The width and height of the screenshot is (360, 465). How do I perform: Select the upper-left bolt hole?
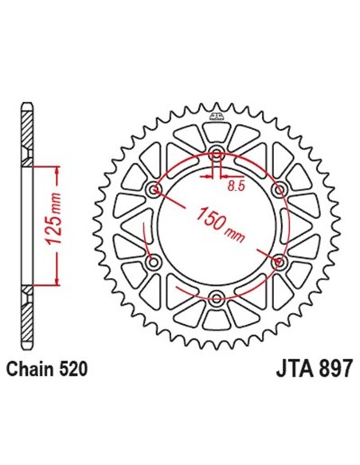tap(154, 190)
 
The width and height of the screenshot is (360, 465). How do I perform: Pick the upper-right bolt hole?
tap(279, 190)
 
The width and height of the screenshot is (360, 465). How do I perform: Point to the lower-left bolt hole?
tap(154, 261)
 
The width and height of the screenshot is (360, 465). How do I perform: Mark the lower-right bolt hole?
tap(279, 261)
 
